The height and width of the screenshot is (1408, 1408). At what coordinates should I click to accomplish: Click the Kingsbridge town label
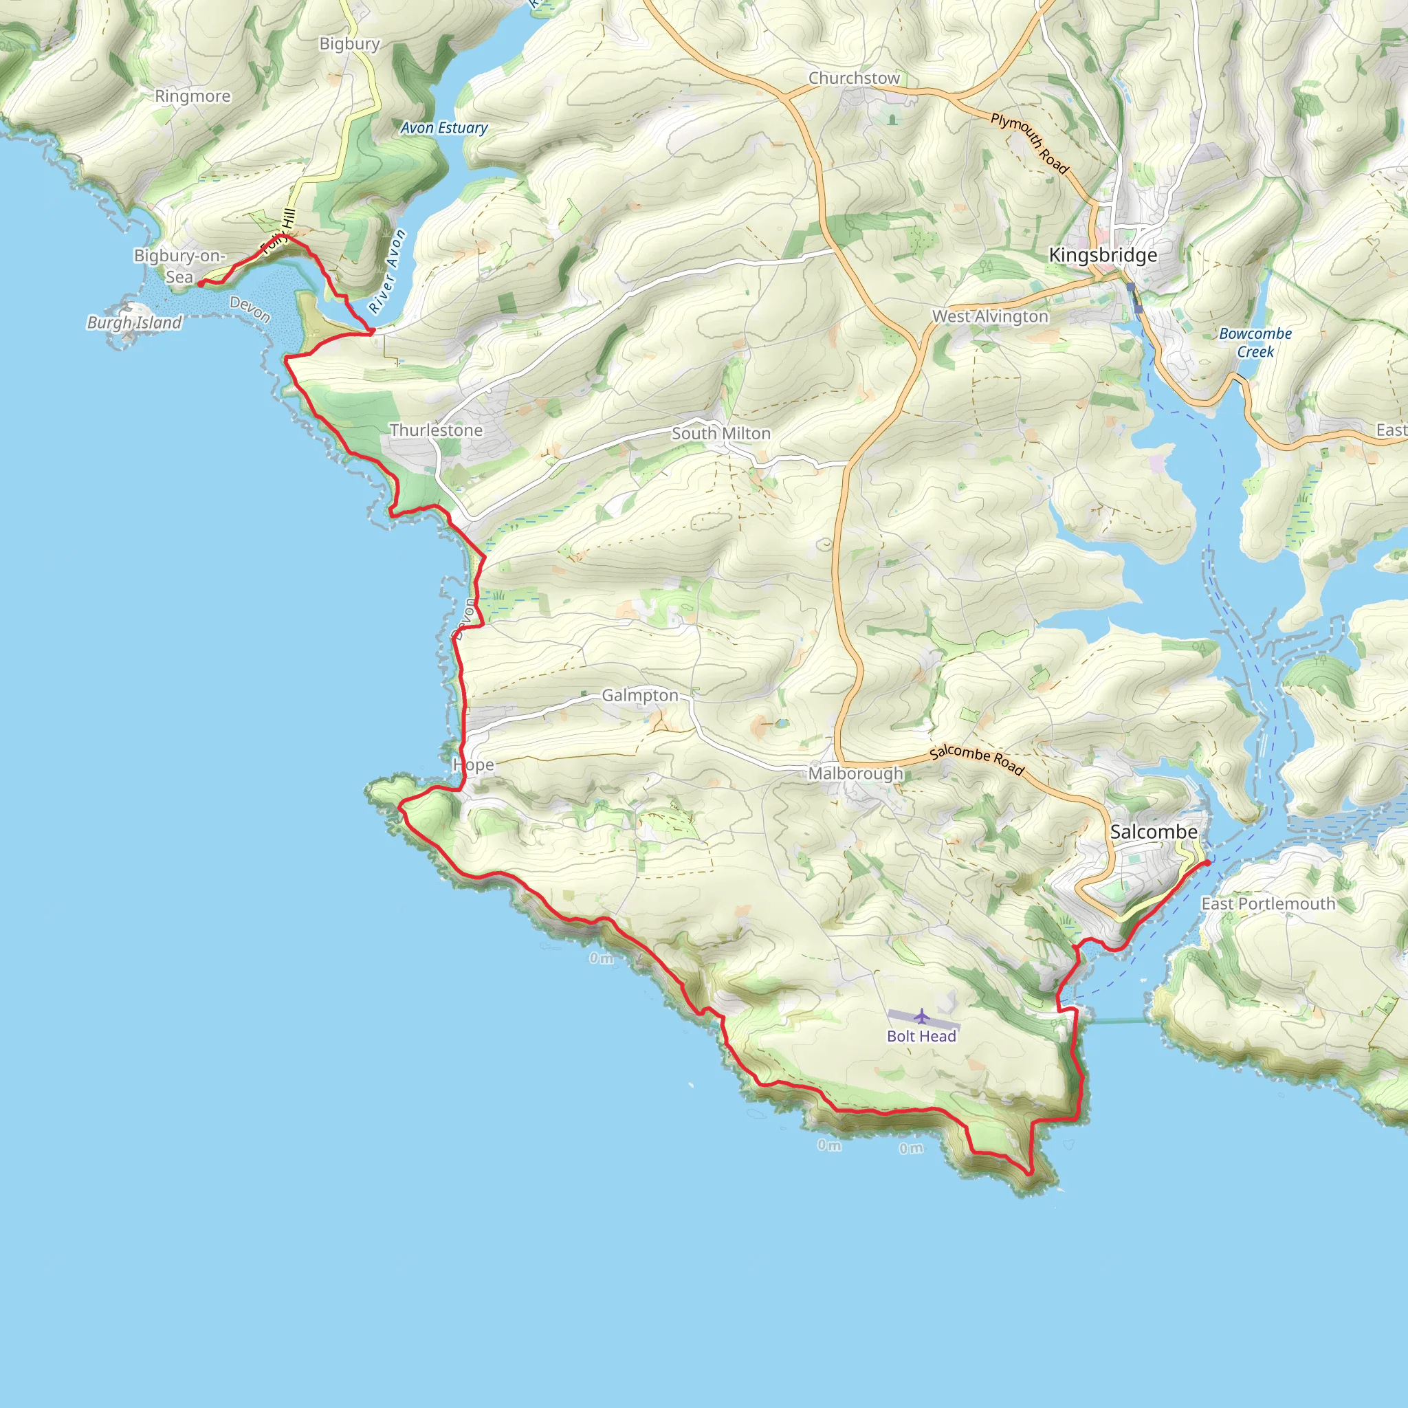1103,255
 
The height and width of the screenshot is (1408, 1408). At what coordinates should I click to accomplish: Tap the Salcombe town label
1154,832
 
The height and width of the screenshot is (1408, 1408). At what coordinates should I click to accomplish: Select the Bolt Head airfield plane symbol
922,1016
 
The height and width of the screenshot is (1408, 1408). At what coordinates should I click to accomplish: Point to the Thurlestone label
436,430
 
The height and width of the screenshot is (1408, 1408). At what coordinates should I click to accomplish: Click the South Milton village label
720,433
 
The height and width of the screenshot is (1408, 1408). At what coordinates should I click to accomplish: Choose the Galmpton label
640,695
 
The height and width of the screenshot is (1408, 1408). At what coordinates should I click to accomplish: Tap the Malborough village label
855,773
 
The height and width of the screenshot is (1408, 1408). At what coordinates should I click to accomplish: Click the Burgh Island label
134,322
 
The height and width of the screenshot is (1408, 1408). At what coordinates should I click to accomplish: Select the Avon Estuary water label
444,128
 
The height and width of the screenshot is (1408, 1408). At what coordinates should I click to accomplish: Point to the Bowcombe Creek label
1255,342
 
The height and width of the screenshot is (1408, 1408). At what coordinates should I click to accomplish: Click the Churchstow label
853,78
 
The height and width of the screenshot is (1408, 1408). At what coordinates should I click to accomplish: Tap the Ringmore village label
192,96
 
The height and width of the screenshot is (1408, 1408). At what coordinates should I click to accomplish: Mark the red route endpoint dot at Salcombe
1207,863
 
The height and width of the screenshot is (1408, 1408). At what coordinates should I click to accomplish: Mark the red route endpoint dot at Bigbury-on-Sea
201,284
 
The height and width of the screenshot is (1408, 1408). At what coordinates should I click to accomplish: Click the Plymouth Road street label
1029,144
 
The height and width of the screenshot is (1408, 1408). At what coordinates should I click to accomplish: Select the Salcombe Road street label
976,760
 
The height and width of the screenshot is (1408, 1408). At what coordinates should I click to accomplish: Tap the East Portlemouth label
1268,903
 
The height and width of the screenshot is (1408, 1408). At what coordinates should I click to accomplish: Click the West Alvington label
990,316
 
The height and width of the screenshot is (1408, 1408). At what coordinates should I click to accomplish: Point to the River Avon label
387,271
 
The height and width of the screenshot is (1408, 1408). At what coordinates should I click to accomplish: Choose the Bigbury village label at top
350,44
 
